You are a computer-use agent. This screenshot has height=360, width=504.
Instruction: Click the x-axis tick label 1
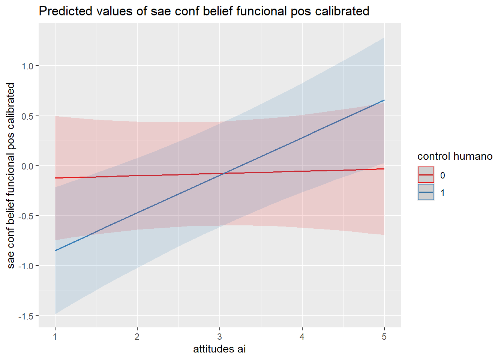point(55,337)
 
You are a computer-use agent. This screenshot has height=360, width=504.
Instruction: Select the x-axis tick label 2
point(137,337)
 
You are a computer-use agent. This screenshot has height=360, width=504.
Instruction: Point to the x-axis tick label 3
point(220,337)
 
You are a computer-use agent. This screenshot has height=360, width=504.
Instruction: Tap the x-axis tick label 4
point(302,337)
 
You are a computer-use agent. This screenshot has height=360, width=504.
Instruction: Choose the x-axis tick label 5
point(384,337)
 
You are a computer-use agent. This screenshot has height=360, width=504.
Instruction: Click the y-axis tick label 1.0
point(27,66)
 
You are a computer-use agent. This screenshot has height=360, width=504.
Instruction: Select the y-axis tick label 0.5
point(27,116)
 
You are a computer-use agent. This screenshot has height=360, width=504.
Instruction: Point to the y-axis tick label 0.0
point(27,166)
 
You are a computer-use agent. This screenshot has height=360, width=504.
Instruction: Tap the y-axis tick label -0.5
point(26,216)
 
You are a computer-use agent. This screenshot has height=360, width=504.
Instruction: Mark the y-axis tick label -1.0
point(26,266)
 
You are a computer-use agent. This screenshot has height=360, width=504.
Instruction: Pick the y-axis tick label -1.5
point(26,316)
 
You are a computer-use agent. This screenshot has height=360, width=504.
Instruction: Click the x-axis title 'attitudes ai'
point(219,349)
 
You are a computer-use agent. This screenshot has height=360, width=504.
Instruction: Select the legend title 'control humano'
point(455,156)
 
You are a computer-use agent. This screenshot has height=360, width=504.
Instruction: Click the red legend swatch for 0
point(426,175)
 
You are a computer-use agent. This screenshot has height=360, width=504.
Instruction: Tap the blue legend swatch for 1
point(426,192)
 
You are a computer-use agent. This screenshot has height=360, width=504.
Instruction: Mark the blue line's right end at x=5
point(384,100)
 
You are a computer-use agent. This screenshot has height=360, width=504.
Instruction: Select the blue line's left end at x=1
point(55,250)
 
